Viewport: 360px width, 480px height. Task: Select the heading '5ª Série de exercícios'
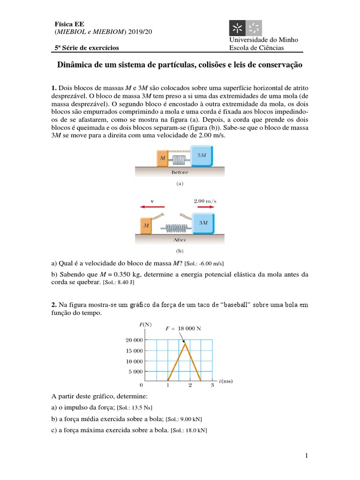tap(87, 48)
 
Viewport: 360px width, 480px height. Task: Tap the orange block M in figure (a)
tap(162, 158)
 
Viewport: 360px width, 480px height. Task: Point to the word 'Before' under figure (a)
tap(180, 172)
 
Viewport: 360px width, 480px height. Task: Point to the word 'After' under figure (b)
tap(180, 240)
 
